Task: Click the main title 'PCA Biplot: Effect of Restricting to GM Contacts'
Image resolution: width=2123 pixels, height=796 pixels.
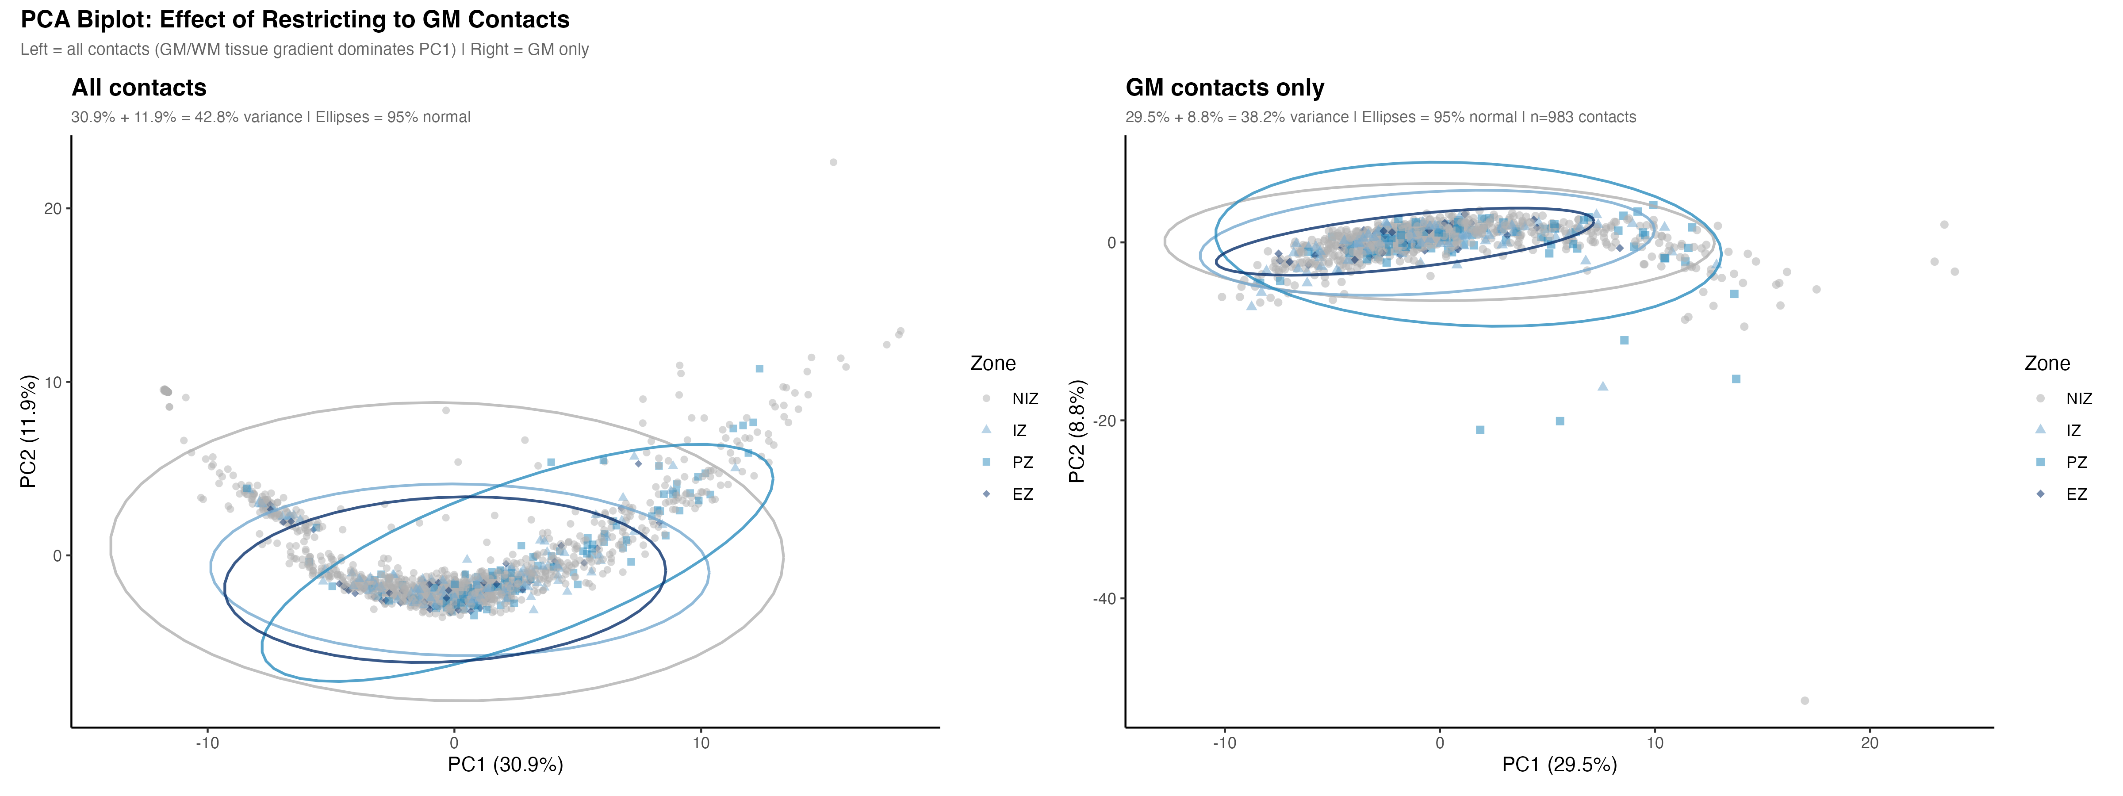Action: click(295, 20)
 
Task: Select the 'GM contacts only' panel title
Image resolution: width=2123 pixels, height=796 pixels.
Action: click(1225, 88)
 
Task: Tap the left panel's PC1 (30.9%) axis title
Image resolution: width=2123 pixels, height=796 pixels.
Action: click(505, 765)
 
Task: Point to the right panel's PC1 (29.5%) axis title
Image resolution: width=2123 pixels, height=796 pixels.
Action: click(1559, 765)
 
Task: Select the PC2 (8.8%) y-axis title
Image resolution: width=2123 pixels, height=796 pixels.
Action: click(1077, 431)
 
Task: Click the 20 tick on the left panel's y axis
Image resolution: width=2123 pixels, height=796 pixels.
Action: click(53, 208)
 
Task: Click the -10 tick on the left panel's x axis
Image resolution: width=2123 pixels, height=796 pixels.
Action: click(207, 743)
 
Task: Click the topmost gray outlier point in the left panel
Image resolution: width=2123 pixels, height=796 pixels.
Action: click(833, 162)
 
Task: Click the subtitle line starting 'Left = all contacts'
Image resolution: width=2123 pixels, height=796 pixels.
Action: click(304, 50)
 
